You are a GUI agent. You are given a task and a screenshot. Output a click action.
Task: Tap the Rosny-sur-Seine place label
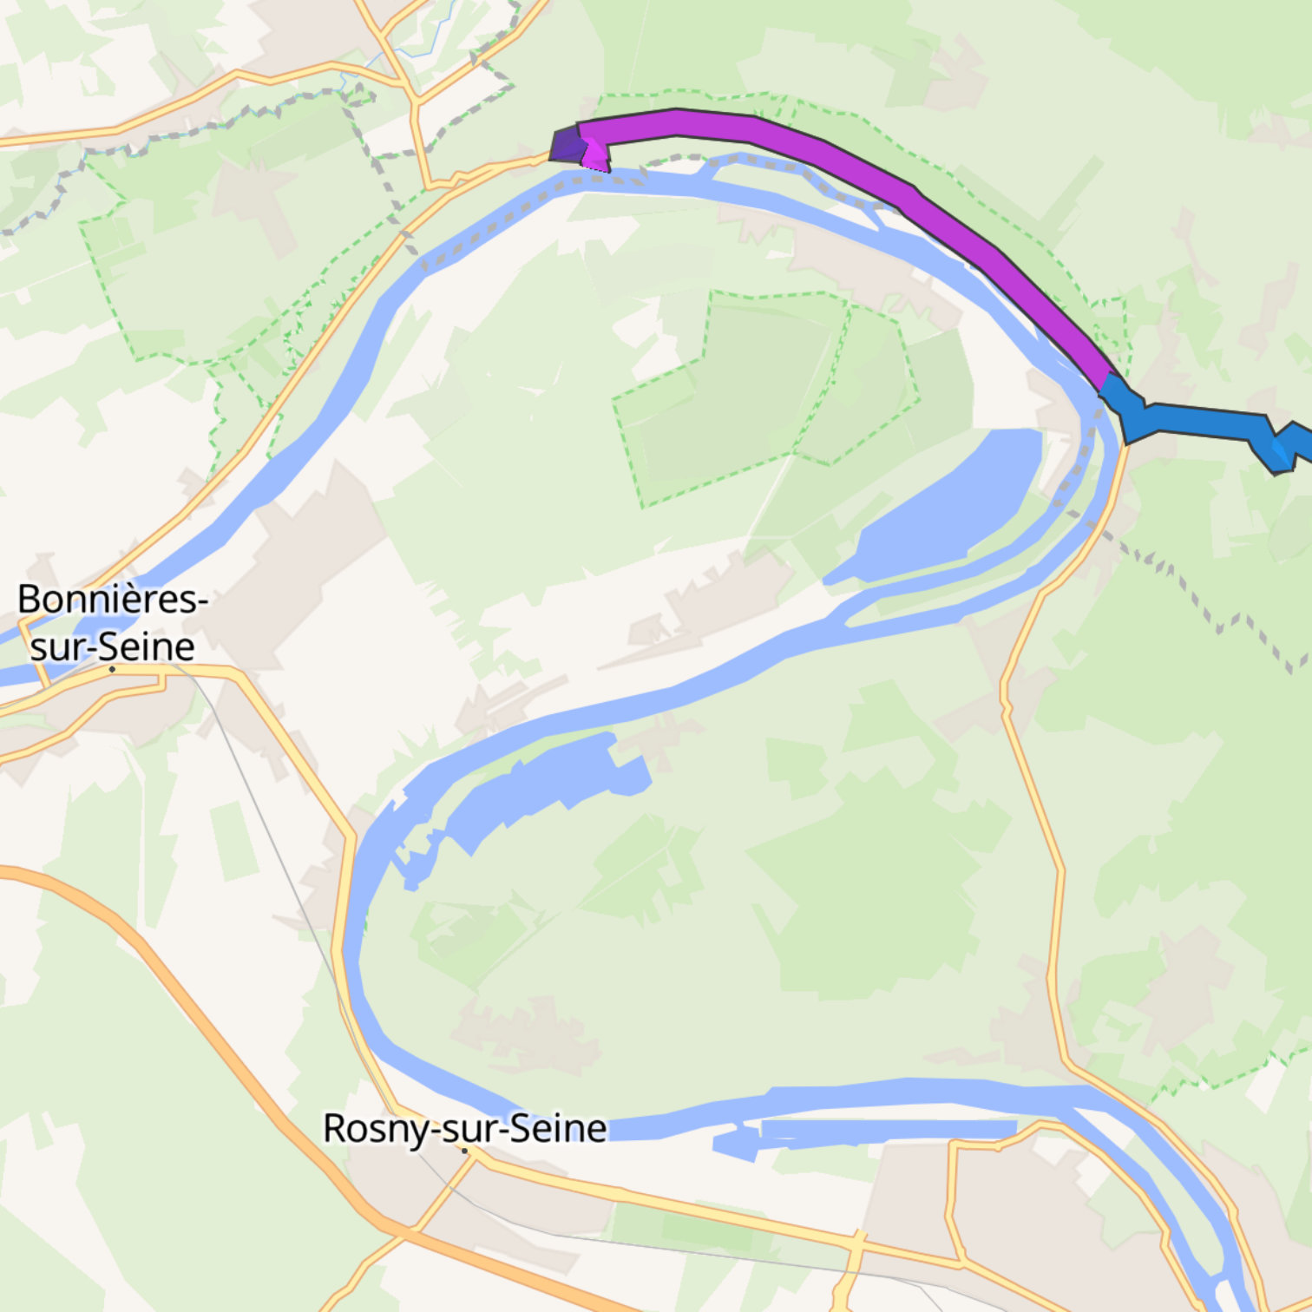click(464, 1128)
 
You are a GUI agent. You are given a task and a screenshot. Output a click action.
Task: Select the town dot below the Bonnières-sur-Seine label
click(112, 669)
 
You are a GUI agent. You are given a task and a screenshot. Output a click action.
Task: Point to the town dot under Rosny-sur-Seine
click(465, 1151)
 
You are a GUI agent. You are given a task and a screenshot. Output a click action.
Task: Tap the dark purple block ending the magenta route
click(567, 145)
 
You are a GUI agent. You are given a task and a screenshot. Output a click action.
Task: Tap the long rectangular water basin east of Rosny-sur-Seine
click(885, 1129)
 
